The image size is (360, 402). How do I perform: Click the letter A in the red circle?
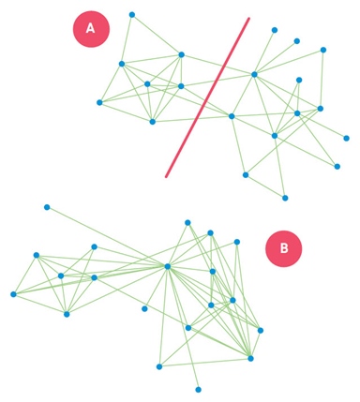point(91,28)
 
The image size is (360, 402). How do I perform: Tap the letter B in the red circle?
point(283,248)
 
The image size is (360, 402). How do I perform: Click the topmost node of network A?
point(132,14)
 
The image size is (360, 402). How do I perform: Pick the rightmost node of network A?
point(346,138)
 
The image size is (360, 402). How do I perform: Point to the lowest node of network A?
point(285,198)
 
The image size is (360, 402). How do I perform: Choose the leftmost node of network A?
point(99,102)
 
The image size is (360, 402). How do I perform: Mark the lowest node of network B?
point(198,389)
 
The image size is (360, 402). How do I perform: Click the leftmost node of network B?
point(13,294)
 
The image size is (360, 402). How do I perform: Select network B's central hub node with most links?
point(167,266)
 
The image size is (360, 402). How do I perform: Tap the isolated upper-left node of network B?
point(46,207)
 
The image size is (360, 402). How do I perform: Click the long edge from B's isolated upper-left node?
point(106,236)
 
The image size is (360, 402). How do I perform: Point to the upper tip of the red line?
point(248,18)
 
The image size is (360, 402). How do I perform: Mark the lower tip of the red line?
point(167,175)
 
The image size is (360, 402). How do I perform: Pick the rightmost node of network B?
point(261,330)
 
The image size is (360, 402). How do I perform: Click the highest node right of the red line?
point(275,30)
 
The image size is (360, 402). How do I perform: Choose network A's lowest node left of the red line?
point(152,122)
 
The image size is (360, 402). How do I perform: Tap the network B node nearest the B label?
point(237,242)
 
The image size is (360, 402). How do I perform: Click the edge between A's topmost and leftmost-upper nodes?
point(127,38)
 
